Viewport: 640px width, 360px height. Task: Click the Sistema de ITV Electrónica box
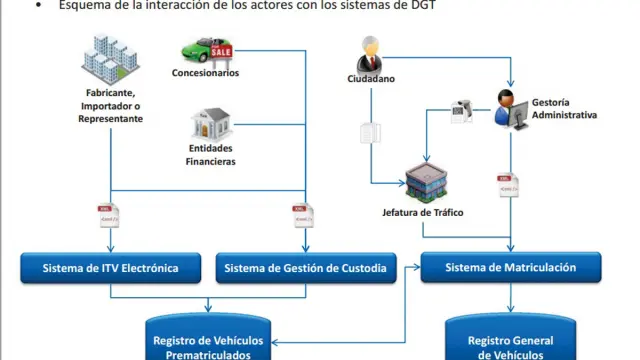point(111,268)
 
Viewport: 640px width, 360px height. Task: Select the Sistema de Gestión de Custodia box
point(306,268)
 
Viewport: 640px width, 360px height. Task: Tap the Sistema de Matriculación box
point(511,267)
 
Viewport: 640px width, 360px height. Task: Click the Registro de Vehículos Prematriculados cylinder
point(210,340)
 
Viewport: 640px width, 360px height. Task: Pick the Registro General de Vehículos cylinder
point(510,340)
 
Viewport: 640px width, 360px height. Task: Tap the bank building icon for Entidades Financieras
point(211,124)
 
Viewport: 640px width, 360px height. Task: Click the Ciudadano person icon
point(371,53)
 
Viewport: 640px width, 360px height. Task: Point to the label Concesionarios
point(205,73)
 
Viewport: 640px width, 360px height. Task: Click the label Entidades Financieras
point(211,154)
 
